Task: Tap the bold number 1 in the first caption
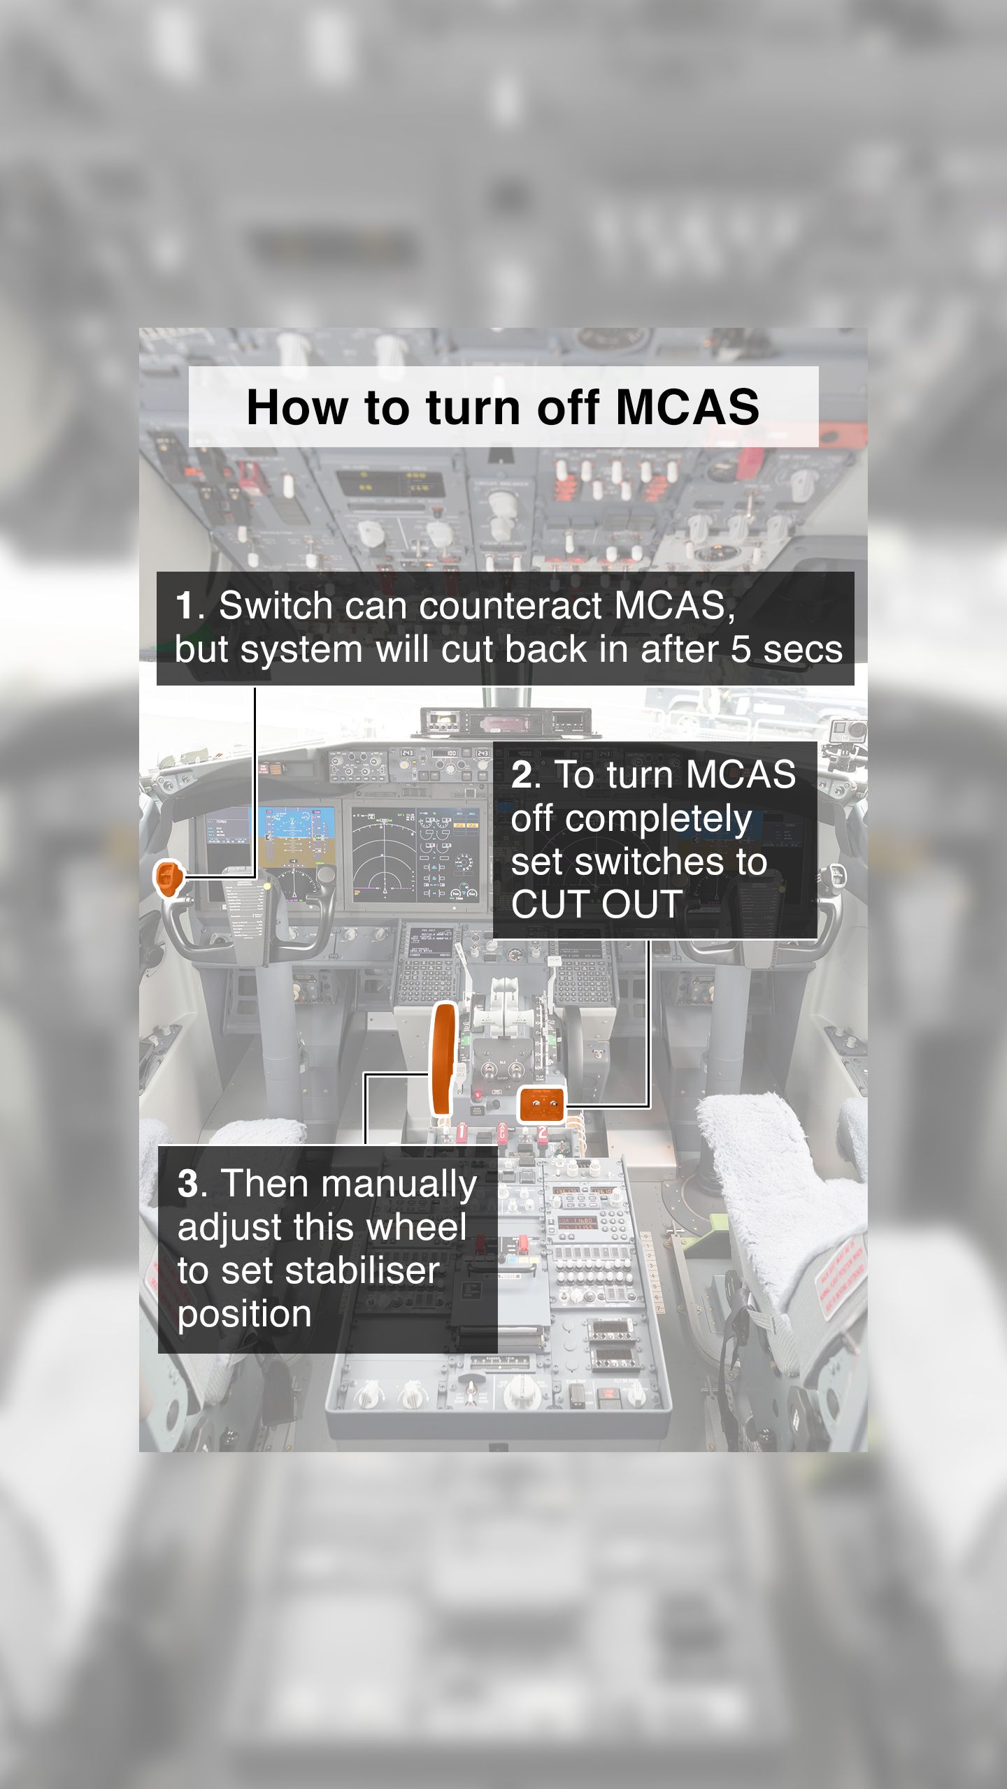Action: pyautogui.click(x=185, y=605)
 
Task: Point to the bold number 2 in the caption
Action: pyautogui.click(x=522, y=775)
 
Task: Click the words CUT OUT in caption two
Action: pyautogui.click(x=597, y=904)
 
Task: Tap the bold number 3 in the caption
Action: pyautogui.click(x=187, y=1184)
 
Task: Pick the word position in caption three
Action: pyautogui.click(x=244, y=1314)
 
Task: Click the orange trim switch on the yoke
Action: pyautogui.click(x=168, y=878)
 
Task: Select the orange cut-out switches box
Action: pyautogui.click(x=541, y=1105)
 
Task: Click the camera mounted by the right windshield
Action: pyautogui.click(x=848, y=733)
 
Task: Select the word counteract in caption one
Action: pyautogui.click(x=510, y=605)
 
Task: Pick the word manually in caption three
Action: pyautogui.click(x=399, y=1184)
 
